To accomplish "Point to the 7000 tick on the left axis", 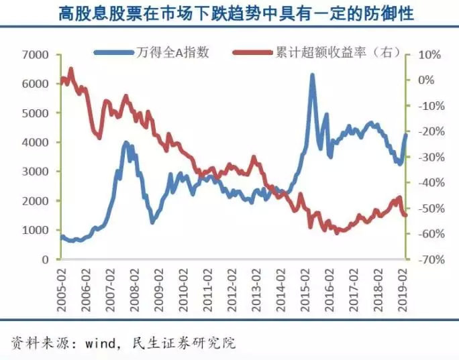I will tap(34, 54).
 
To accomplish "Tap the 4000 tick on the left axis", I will tap(34, 142).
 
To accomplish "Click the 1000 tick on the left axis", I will tap(34, 230).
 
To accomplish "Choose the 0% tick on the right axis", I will tap(427, 80).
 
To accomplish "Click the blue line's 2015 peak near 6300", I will tap(312, 76).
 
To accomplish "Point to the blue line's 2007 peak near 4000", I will tap(125, 143).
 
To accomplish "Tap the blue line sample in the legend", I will tap(115, 53).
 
